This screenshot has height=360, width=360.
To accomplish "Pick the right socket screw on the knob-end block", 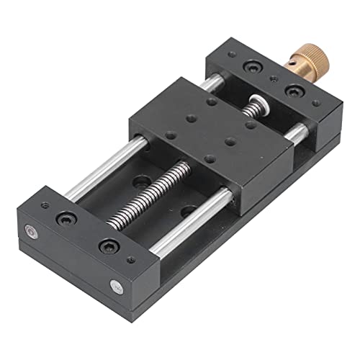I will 294,91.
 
